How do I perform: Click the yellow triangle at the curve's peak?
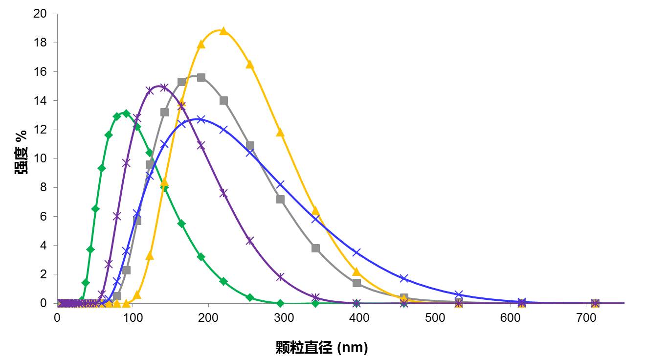coord(223,31)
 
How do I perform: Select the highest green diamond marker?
coord(126,113)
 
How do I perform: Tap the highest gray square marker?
coord(200,77)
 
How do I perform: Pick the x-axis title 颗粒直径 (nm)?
coord(321,347)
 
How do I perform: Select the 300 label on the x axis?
coord(284,317)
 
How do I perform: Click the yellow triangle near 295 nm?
coord(280,132)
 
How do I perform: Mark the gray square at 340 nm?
coord(315,248)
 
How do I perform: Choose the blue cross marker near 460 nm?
coord(404,278)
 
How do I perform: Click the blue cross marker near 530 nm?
coord(458,294)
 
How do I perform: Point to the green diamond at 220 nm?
coord(223,281)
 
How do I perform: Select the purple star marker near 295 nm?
coord(280,277)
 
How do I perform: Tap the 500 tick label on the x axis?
coord(435,317)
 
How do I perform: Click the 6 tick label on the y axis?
coord(43,216)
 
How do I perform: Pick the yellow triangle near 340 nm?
coord(315,210)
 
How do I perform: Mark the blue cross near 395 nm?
coord(356,252)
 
